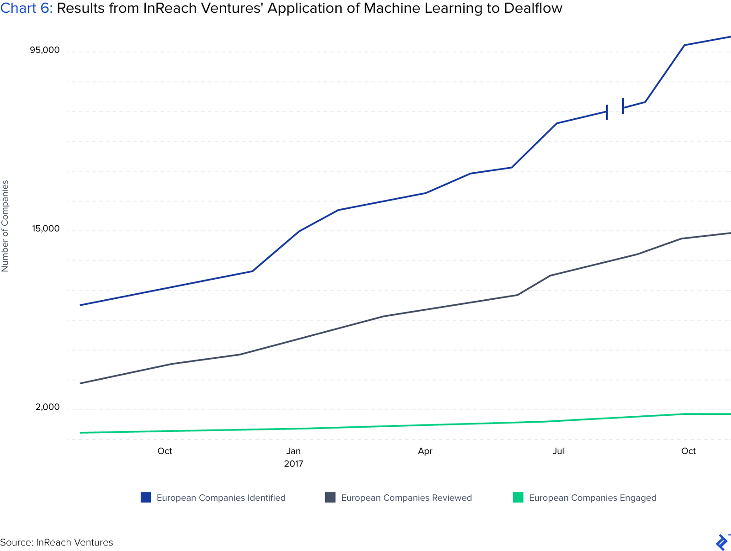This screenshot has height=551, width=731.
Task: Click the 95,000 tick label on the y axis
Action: [x=45, y=50]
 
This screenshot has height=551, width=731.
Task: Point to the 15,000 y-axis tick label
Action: [x=46, y=228]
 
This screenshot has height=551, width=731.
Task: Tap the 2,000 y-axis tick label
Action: [x=48, y=407]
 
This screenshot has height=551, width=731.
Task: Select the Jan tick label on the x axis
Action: [x=293, y=451]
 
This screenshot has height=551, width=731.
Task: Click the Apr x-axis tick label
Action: [x=425, y=451]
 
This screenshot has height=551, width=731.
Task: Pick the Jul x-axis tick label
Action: [x=558, y=451]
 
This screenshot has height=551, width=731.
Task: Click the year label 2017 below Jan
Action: [x=293, y=464]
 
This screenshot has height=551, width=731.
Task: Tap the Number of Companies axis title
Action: [x=5, y=226]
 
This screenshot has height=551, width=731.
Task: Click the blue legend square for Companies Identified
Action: [x=146, y=498]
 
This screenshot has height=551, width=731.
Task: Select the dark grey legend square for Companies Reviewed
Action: [x=330, y=498]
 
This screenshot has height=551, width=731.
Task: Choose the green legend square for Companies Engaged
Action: [x=518, y=498]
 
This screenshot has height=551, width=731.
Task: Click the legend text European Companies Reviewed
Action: [x=406, y=498]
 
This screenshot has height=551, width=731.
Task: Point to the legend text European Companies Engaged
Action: [x=592, y=498]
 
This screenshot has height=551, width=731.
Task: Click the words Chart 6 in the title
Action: [x=26, y=8]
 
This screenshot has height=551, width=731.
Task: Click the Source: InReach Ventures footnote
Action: [x=57, y=543]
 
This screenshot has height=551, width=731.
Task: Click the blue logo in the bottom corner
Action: [x=721, y=542]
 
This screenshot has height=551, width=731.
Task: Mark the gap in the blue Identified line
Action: [x=615, y=109]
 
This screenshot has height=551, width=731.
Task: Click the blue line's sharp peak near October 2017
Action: [x=684, y=45]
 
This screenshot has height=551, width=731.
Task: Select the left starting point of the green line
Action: [x=80, y=433]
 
